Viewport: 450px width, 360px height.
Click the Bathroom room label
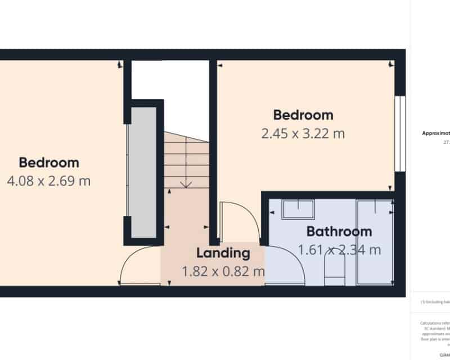339,231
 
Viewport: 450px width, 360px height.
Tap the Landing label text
222,253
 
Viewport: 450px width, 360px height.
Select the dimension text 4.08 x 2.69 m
49,181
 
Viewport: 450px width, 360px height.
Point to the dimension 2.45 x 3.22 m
303,134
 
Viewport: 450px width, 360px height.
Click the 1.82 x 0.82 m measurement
223,272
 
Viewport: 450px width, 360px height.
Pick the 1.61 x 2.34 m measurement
339,250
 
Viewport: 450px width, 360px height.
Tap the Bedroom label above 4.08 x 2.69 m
49,163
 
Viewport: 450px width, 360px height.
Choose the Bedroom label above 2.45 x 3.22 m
303,115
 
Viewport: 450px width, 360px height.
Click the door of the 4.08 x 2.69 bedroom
138,267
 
